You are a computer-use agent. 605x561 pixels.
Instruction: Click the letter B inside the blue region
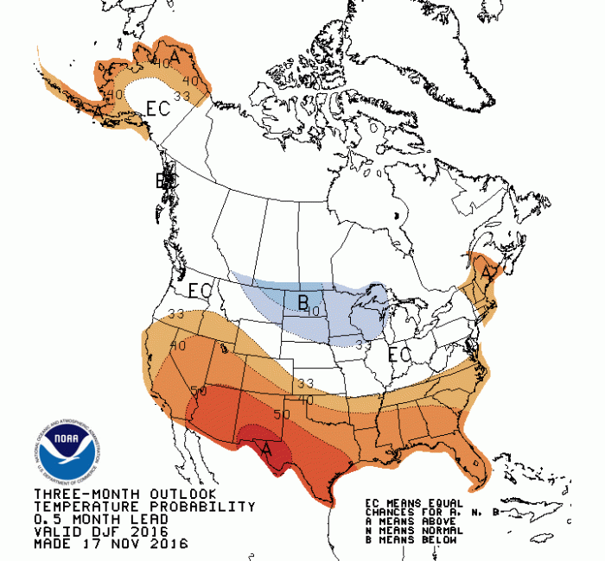tap(302, 302)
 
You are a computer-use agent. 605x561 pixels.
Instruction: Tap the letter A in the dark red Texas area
tap(267, 448)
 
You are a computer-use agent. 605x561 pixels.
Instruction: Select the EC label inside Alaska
tap(157, 109)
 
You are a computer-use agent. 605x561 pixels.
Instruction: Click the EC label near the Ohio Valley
tap(399, 355)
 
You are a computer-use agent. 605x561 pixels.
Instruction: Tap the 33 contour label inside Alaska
tap(181, 97)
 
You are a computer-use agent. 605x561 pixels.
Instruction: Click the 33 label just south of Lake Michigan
tap(364, 344)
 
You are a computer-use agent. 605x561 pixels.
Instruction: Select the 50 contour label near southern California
tap(199, 391)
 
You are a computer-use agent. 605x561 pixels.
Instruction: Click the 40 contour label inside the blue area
tap(315, 310)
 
